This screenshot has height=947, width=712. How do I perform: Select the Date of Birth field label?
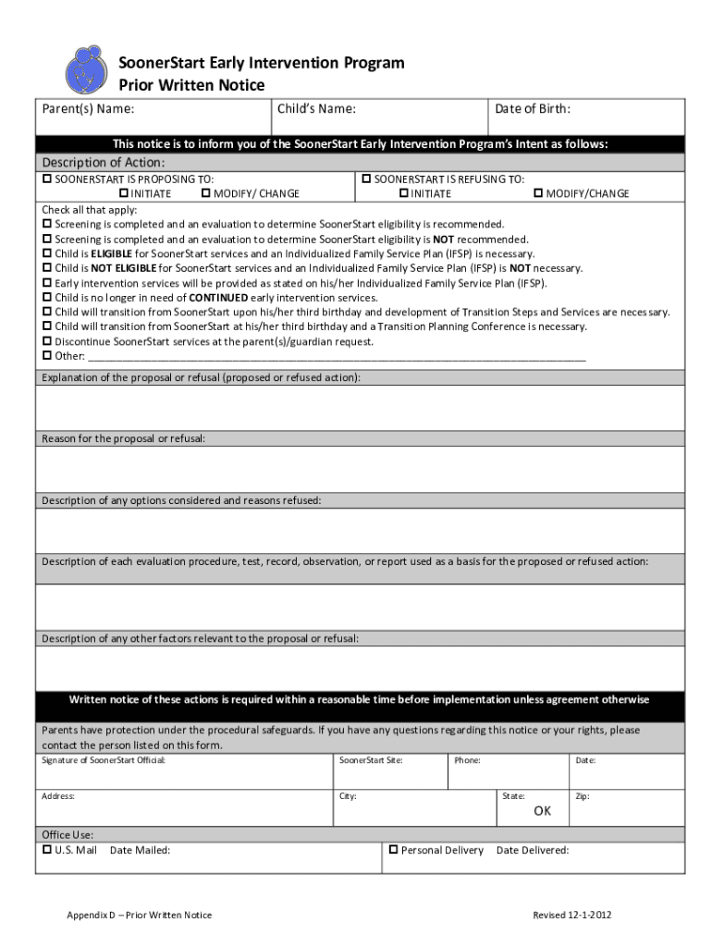[x=532, y=109]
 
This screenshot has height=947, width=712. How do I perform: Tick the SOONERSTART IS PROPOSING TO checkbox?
[x=47, y=178]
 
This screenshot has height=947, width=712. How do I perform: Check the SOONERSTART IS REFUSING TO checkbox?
[x=366, y=178]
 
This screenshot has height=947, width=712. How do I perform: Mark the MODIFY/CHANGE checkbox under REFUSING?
[x=537, y=193]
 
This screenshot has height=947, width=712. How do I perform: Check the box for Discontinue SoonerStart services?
[x=47, y=341]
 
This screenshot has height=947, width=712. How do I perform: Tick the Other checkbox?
[x=47, y=356]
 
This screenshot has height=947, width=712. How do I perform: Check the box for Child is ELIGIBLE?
[x=47, y=253]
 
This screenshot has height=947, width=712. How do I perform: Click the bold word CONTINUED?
[x=218, y=298]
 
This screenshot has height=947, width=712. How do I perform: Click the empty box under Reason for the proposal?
[x=360, y=469]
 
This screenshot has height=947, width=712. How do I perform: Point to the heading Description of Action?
[x=104, y=163]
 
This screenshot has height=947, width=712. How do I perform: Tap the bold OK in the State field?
[x=542, y=811]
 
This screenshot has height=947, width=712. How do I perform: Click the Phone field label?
[x=466, y=760]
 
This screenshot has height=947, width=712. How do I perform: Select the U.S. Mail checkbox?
[x=47, y=850]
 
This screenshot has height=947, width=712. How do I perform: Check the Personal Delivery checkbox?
[x=393, y=850]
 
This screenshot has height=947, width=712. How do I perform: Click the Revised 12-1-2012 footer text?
[x=571, y=916]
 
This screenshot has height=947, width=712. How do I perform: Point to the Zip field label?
[x=582, y=796]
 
